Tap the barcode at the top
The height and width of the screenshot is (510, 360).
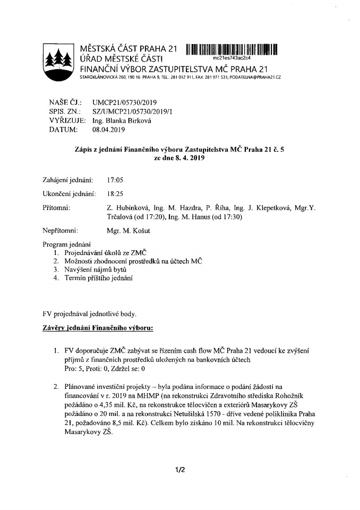tap(232, 50)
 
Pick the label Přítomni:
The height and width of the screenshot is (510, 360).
tap(55, 208)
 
